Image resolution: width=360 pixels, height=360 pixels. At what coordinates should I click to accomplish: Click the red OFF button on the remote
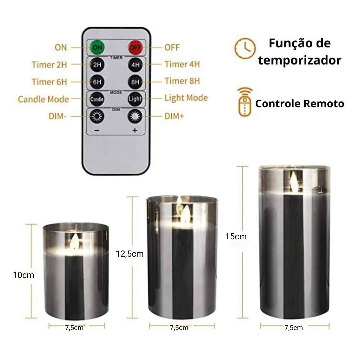click(135, 48)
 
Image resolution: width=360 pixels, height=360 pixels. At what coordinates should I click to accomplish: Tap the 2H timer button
click(97, 65)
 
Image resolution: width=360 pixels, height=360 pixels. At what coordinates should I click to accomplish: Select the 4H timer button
click(135, 65)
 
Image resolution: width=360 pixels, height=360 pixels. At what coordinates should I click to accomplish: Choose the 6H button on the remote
click(97, 82)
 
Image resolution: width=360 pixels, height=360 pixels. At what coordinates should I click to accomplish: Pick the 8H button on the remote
click(135, 82)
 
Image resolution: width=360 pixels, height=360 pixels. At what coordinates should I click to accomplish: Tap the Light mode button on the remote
click(135, 99)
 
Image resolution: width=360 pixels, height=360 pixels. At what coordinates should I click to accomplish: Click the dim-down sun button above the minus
click(97, 116)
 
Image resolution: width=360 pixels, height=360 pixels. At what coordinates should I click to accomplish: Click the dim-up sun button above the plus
click(135, 116)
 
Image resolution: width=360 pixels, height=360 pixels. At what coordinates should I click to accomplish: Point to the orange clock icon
click(245, 48)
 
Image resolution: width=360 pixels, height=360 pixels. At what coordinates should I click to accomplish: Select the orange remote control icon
click(245, 102)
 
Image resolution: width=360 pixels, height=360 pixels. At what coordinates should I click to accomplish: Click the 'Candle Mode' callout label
click(43, 99)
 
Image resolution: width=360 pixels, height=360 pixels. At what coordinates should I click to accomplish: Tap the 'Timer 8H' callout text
click(182, 81)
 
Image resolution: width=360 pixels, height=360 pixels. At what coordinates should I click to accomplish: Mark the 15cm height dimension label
click(236, 236)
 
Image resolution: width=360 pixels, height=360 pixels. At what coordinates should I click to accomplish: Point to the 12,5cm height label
click(130, 254)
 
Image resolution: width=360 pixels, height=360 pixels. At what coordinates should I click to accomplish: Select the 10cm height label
click(23, 275)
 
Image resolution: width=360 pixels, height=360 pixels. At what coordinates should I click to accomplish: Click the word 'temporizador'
click(300, 60)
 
